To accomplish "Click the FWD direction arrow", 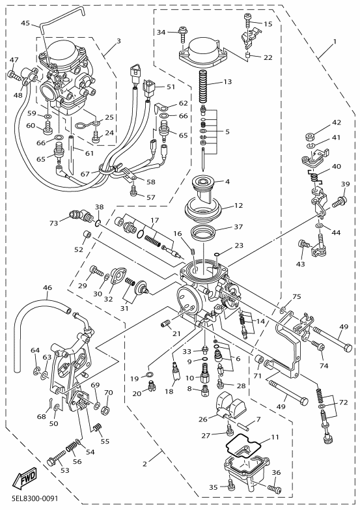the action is point(25,479).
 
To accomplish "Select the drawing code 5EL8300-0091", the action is point(32,498).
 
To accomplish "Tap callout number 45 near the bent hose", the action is point(25,23).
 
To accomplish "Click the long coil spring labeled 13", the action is point(204,87).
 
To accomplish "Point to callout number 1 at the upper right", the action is point(335,42).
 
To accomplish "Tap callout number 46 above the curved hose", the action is point(47,287).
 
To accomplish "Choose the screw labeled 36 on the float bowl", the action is point(274,488).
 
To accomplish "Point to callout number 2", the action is point(145,464).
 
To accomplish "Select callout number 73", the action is point(53,223).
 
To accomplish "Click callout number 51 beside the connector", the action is point(171,87).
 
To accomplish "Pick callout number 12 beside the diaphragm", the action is point(238,206).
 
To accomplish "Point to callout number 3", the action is point(118,41).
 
